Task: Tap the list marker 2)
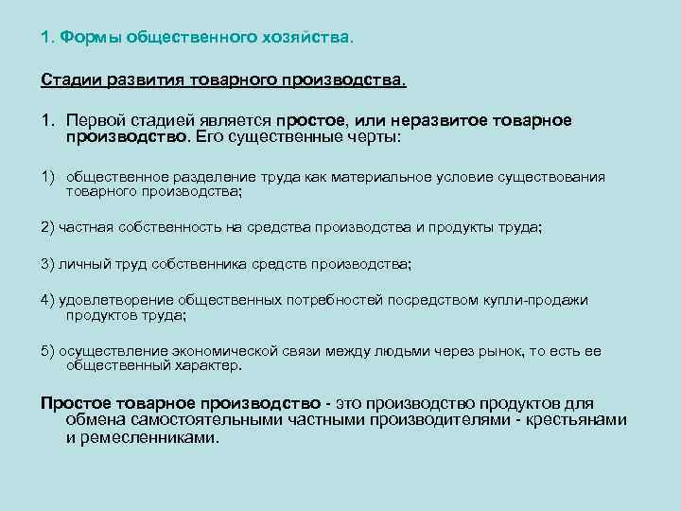click(x=48, y=227)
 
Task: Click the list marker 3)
click(x=48, y=264)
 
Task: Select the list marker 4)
click(x=48, y=300)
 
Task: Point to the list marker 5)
click(x=48, y=351)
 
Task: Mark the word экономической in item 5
click(x=235, y=351)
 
